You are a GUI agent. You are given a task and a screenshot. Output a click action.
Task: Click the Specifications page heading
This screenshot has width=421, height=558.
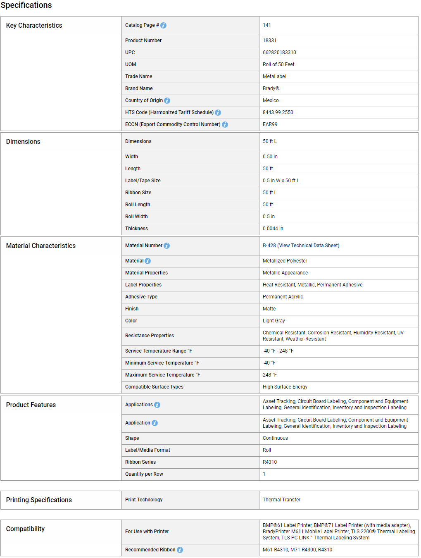click(26, 5)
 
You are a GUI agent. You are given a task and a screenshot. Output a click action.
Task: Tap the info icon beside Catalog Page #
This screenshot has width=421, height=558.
click(164, 26)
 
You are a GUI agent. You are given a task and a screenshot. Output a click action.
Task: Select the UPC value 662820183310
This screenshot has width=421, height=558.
click(279, 52)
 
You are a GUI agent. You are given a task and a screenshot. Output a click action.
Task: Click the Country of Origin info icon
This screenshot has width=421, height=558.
click(167, 101)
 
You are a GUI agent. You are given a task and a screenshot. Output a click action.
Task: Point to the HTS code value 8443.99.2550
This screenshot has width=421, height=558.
click(278, 112)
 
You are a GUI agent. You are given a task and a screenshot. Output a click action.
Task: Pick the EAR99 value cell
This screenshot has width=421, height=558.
click(270, 124)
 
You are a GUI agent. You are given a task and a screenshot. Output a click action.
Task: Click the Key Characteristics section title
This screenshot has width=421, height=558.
click(34, 26)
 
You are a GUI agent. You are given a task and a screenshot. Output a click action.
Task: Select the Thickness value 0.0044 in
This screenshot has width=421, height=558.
click(273, 229)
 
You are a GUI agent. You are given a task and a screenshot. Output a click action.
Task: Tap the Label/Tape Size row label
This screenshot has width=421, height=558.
click(143, 181)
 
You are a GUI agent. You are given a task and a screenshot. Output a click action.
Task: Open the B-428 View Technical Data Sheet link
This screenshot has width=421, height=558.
click(301, 246)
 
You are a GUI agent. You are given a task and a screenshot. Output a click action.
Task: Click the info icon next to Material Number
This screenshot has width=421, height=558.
click(167, 246)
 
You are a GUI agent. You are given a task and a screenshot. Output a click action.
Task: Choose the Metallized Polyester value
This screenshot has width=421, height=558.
click(285, 261)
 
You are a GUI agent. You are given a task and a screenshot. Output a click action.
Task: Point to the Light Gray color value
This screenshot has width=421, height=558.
click(274, 321)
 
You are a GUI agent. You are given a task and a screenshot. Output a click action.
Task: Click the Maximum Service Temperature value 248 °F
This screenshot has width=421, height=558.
click(270, 375)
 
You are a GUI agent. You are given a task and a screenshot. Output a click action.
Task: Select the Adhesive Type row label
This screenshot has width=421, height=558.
click(141, 297)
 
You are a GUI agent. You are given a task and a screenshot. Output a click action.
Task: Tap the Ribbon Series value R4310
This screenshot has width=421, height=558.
click(270, 462)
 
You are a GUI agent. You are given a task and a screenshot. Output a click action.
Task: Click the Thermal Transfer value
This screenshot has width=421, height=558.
click(281, 500)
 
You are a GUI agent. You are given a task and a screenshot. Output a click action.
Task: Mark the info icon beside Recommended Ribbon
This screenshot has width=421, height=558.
click(180, 550)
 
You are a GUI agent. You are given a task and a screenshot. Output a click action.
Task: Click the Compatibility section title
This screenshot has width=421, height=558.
click(25, 529)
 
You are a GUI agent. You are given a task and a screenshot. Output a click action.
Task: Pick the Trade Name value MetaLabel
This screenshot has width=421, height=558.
click(274, 76)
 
